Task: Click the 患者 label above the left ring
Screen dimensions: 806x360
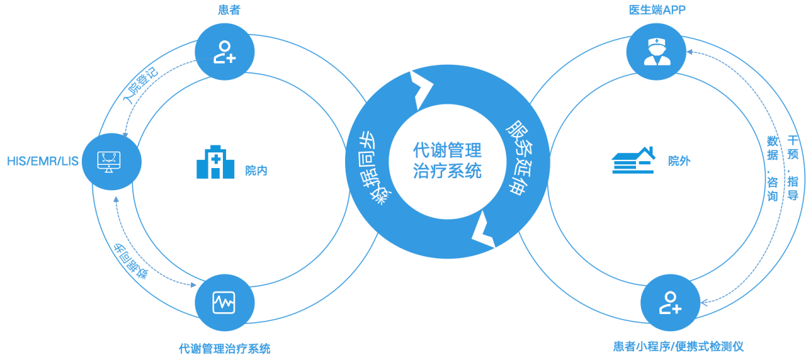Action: coord(229,9)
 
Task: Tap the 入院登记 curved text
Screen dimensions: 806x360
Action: coord(140,85)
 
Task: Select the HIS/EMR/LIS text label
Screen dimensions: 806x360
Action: coord(42,161)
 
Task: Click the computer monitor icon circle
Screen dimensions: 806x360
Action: coord(111,162)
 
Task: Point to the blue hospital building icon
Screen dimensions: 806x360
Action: coord(215,162)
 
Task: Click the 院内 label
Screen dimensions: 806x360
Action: coord(256,171)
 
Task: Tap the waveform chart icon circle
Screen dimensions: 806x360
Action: coord(225,303)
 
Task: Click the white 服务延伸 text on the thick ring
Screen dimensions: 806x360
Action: coord(520,158)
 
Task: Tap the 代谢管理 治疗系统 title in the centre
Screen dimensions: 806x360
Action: coord(447,160)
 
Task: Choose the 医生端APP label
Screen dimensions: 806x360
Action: coord(657,9)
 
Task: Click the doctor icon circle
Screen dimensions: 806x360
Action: coord(656,52)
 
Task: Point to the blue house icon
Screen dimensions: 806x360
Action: coord(633,160)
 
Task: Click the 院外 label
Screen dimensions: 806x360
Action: coord(679,161)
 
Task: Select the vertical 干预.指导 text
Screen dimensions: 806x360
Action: coord(793,167)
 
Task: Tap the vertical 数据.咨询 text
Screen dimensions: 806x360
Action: coord(773,168)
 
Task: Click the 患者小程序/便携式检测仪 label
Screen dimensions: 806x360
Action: coord(678,346)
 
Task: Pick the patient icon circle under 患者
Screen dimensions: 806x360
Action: coord(225,52)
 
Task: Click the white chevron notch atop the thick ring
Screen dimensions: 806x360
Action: coord(421,90)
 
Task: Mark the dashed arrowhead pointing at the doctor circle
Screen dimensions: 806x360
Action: coord(690,52)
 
